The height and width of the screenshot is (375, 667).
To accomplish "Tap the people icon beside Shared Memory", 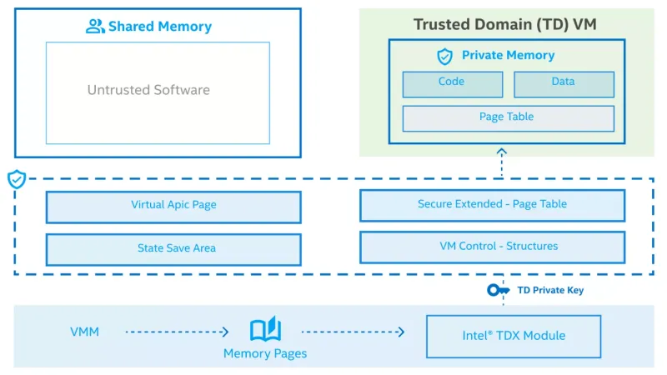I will point(95,27).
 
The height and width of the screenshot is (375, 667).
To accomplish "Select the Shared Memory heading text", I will point(160,27).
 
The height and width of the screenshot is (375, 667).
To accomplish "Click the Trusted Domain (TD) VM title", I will point(505,24).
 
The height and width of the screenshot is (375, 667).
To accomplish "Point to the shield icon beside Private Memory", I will point(445,56).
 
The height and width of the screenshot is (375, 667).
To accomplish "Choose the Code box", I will point(452,83).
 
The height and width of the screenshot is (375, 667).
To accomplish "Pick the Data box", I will point(564,83).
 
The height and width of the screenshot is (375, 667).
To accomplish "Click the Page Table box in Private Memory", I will point(508,117).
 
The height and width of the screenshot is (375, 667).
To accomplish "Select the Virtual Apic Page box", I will point(173,206).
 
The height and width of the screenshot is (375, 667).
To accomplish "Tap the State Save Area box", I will point(173,248).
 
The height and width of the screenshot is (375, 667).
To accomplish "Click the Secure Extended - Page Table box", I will point(492,205).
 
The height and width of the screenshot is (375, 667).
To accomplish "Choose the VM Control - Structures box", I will point(492,247).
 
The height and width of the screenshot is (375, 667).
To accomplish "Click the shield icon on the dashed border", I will point(16,179).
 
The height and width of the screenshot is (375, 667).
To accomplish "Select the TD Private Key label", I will point(550,291).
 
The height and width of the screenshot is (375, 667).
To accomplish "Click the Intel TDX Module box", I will point(514,336).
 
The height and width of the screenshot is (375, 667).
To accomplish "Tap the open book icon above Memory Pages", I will point(265,330).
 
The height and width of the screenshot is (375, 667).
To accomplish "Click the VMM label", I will point(85,332).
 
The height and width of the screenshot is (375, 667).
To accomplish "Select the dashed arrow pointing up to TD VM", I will point(501,163).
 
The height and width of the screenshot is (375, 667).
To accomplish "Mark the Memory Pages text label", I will point(265,354).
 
